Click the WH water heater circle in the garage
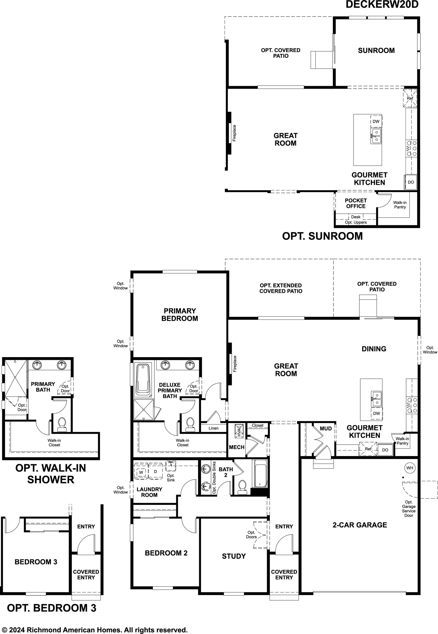point(409,468)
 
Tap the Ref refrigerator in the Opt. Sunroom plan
point(410,98)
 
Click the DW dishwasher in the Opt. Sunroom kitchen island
point(376,121)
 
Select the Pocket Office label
point(356,203)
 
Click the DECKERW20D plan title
point(382,5)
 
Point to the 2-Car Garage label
point(360,525)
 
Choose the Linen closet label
point(214,428)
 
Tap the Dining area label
point(374,349)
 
